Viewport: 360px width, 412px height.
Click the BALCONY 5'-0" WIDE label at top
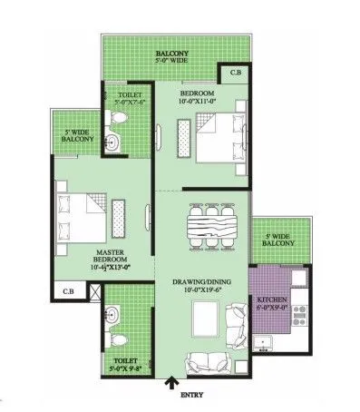coord(171,58)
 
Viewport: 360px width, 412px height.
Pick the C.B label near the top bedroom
coord(235,72)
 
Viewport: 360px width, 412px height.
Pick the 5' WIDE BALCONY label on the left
coord(78,134)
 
